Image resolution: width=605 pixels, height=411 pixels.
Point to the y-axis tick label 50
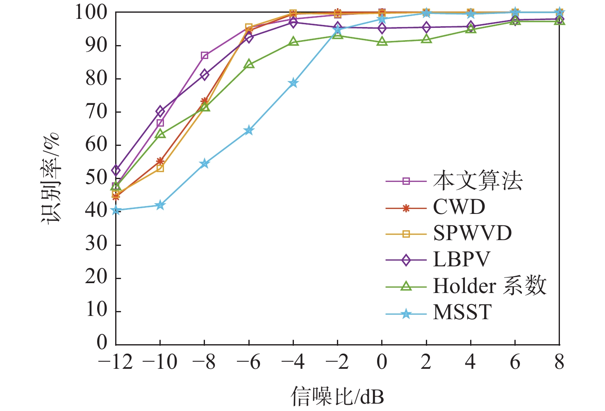point(96,178)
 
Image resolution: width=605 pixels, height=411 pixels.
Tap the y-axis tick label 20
point(96,278)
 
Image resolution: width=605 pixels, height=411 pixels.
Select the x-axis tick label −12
point(116,362)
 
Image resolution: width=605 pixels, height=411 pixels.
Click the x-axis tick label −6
point(249,362)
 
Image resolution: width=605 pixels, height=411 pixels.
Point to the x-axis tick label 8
point(560,362)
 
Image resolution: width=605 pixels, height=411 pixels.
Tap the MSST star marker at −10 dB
point(160,205)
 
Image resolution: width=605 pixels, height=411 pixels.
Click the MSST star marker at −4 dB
point(293,83)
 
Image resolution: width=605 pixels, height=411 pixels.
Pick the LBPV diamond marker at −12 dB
point(116,170)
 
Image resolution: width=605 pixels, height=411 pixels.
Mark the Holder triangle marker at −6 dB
point(249,64)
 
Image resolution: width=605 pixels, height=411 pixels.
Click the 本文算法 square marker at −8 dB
point(205,56)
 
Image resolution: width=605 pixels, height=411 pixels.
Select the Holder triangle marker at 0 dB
point(382,42)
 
